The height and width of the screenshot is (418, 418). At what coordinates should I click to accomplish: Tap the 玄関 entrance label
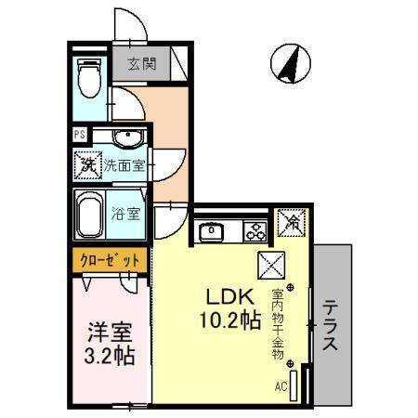[x=142, y=65]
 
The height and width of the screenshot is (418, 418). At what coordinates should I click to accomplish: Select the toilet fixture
[x=88, y=77]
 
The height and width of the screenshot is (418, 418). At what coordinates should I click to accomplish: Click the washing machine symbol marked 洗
[x=87, y=166]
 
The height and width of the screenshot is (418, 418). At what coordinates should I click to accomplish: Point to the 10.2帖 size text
[x=227, y=322]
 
